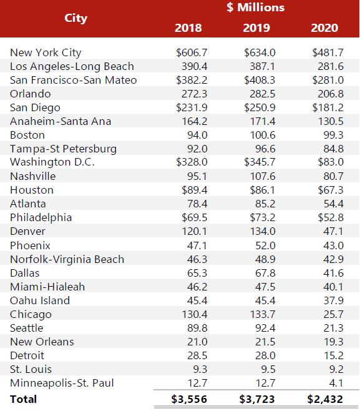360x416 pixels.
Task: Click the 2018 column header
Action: (188, 27)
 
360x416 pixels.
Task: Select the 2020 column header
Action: (324, 27)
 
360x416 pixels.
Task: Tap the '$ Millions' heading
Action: (255, 8)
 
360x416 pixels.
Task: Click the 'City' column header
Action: (75, 18)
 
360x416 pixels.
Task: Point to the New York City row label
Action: (46, 52)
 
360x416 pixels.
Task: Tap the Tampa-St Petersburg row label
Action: (63, 149)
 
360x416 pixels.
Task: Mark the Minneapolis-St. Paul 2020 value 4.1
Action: (335, 383)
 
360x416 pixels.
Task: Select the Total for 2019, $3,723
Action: (257, 399)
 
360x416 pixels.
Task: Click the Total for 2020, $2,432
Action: (325, 399)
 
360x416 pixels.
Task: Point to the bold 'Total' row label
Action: (24, 399)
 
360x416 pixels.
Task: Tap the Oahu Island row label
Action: (40, 300)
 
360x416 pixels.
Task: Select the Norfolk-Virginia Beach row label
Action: (67, 259)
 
